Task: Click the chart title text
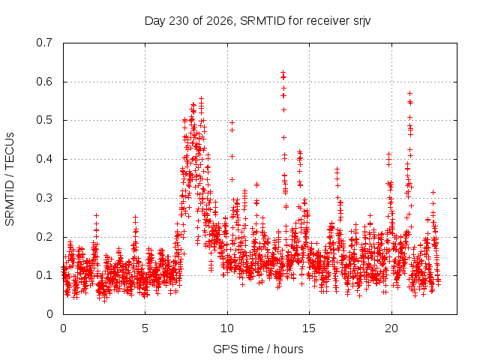pyautogui.click(x=257, y=21)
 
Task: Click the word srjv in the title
pyautogui.click(x=361, y=22)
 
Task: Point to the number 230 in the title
pyautogui.click(x=178, y=21)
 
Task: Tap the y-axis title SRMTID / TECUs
pyautogui.click(x=10, y=179)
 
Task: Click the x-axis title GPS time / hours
pyautogui.click(x=258, y=349)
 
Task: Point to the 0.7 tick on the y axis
pyautogui.click(x=44, y=43)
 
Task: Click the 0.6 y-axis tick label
pyautogui.click(x=44, y=82)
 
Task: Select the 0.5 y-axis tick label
pyautogui.click(x=44, y=120)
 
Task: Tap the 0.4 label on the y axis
pyautogui.click(x=44, y=159)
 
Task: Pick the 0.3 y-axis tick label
pyautogui.click(x=44, y=198)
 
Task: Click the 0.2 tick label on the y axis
pyautogui.click(x=44, y=237)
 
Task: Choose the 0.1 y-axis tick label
pyautogui.click(x=44, y=275)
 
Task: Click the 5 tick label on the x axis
pyautogui.click(x=145, y=328)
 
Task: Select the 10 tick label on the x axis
pyautogui.click(x=227, y=328)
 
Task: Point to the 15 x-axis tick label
pyautogui.click(x=309, y=328)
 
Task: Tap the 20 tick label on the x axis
pyautogui.click(x=391, y=328)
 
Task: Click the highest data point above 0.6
pyautogui.click(x=283, y=72)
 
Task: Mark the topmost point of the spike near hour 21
pyautogui.click(x=409, y=93)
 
